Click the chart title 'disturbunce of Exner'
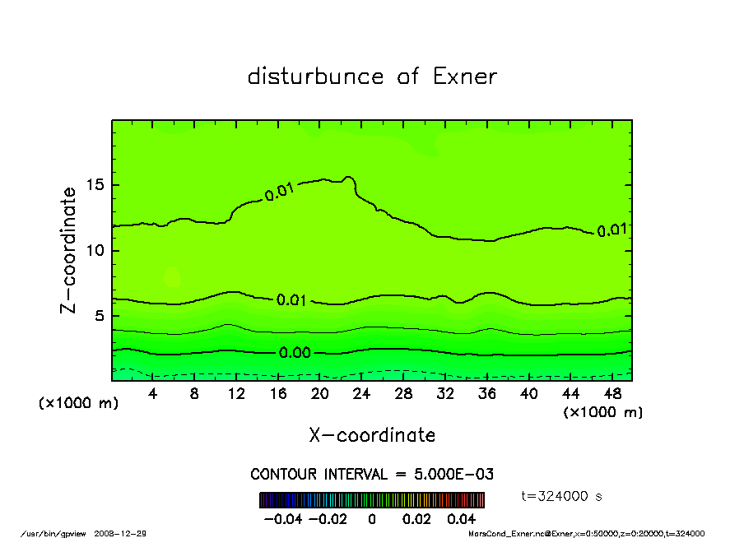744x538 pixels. pos(372,77)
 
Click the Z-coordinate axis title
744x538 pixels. pos(69,250)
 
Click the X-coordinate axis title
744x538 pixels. pos(372,435)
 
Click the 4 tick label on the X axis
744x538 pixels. pos(153,393)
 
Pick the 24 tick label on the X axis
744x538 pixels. pos(361,393)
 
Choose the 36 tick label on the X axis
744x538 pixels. pos(486,393)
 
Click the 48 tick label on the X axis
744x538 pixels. pos(611,393)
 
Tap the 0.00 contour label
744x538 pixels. pos(294,353)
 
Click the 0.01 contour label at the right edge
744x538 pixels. pos(611,230)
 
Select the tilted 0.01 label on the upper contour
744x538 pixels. pos(279,193)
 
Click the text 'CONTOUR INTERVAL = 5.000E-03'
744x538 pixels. pos(372,475)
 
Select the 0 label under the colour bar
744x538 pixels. pos(371,519)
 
